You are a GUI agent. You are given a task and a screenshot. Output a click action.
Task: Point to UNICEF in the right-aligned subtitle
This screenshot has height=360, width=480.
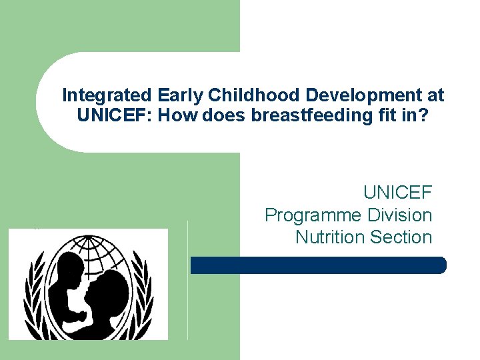coord(397,193)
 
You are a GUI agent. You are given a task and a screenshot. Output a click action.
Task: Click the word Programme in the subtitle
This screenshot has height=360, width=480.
coord(311,215)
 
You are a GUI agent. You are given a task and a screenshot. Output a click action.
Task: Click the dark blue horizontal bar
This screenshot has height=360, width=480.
coord(318,265)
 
